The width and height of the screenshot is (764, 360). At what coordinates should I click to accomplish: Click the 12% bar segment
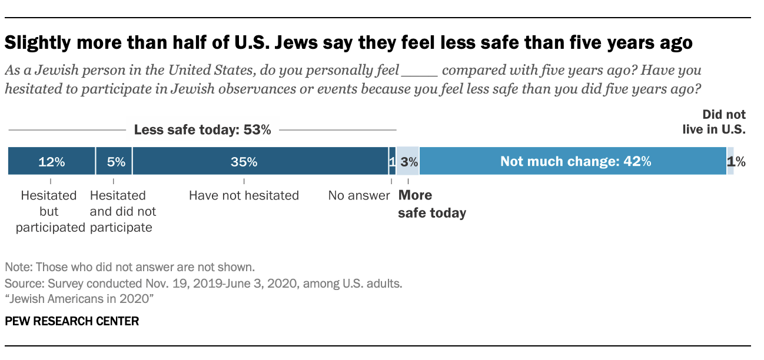[x=51, y=161]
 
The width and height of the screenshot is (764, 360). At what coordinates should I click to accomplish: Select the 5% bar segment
[x=114, y=161]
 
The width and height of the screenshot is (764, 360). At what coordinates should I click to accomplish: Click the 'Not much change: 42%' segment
[x=574, y=161]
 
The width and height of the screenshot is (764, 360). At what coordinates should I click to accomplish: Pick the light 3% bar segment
[x=408, y=161]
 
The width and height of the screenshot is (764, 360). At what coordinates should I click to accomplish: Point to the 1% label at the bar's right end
[x=738, y=162]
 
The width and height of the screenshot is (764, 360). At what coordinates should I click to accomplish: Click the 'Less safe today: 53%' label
[x=202, y=130]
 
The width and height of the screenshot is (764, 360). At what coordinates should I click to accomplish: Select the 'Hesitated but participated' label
[x=50, y=211]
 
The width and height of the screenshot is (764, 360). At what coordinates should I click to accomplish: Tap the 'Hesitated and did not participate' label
[x=122, y=211]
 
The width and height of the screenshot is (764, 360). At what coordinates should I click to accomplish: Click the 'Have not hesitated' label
[x=244, y=195]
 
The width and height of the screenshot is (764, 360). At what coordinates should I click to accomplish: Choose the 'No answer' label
[x=359, y=195]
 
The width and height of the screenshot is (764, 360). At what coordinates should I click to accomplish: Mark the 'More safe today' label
[x=432, y=204]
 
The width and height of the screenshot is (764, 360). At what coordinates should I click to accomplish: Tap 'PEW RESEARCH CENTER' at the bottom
[x=72, y=321]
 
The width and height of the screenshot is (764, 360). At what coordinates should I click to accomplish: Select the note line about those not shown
[x=129, y=266]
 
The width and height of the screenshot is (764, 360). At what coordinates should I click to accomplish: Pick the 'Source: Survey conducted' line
[x=203, y=283]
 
